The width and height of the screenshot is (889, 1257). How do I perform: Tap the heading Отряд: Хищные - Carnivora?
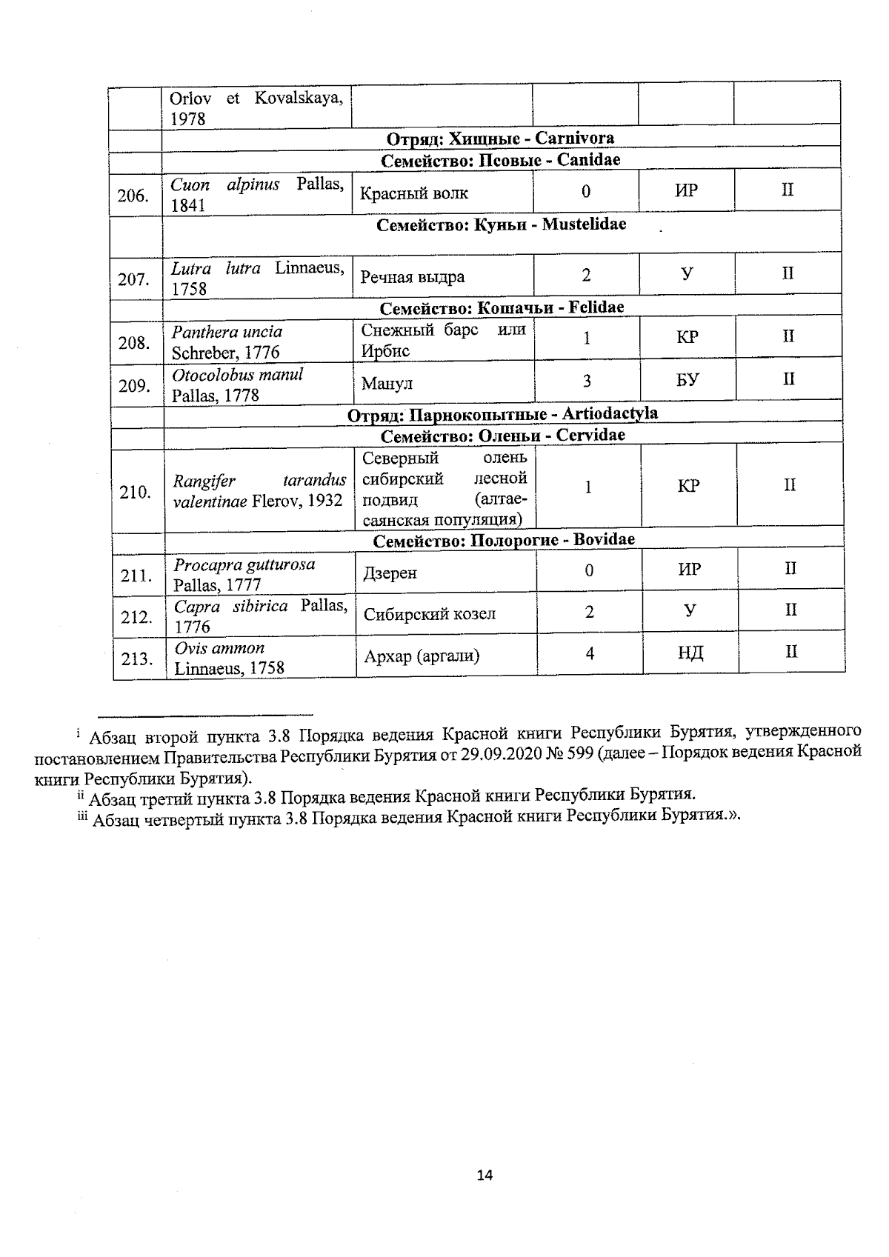coord(500,139)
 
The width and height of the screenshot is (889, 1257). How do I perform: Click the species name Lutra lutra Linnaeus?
coord(257,278)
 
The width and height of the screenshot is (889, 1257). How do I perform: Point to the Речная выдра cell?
coord(412,277)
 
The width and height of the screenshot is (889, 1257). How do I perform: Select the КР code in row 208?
coord(687,338)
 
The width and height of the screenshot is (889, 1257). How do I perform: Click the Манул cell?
coord(387,384)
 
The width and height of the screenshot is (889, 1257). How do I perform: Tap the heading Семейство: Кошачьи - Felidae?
coord(502,307)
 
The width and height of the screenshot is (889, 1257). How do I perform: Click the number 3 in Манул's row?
coord(587,381)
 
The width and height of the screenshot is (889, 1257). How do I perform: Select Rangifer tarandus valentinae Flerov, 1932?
coord(259,490)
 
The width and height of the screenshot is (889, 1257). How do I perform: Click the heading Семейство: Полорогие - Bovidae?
coord(504,540)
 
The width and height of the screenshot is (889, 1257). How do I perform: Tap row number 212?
coord(136,616)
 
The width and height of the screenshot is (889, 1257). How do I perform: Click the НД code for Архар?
coord(690,653)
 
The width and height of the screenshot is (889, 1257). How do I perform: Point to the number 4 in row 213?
coord(590,653)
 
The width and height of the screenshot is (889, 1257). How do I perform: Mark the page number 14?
coord(485,1175)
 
